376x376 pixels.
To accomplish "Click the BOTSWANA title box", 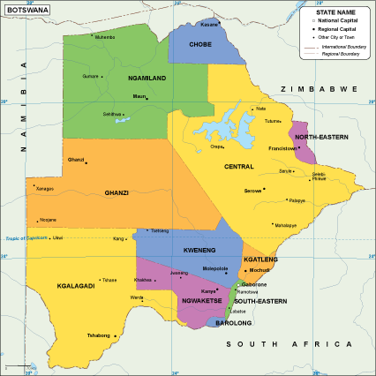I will pos(27,10).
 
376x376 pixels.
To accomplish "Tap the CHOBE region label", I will pos(200,43).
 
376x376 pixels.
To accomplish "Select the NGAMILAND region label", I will pos(147,79).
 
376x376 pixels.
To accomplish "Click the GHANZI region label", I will pos(117,192).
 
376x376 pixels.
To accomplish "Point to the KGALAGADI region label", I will pos(76,262).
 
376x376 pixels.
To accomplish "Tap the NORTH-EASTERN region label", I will pos(321,138).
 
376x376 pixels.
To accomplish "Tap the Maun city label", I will pos(139,96).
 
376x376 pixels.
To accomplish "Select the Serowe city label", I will pos(253,191).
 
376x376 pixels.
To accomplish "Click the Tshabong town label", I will pos(99,335).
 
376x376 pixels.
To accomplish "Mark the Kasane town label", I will pos(208,25).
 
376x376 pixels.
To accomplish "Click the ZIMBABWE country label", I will pos(319,89).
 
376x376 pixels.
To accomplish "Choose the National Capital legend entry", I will pos(339,19).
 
